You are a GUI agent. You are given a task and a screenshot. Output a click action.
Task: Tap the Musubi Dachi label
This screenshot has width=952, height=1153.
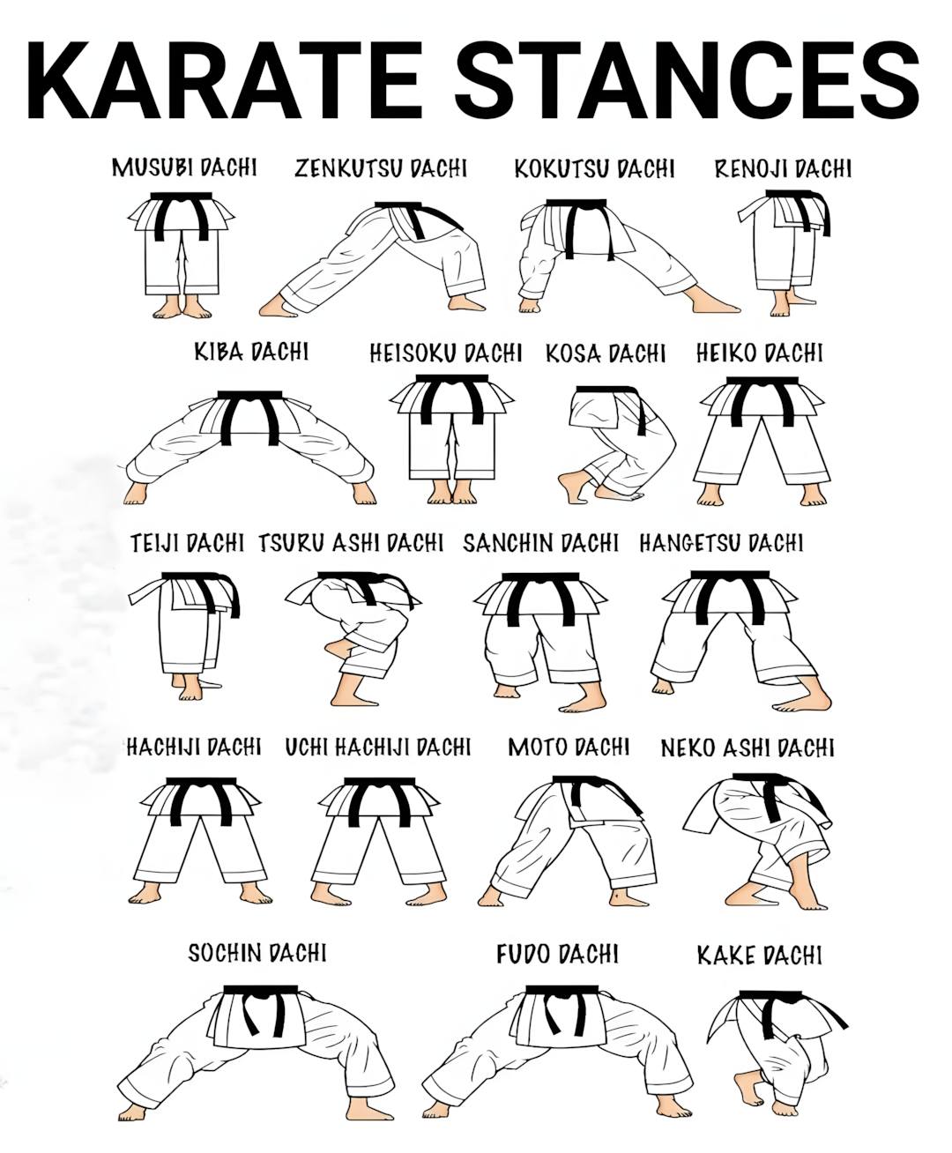(184, 167)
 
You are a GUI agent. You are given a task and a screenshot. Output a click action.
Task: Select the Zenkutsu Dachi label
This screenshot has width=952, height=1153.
(381, 167)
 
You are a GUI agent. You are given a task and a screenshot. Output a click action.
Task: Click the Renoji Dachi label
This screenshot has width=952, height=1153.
(783, 168)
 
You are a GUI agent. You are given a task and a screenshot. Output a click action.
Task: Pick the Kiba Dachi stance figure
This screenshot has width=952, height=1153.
(249, 447)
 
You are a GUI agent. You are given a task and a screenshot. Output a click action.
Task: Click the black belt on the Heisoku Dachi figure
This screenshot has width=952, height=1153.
(451, 397)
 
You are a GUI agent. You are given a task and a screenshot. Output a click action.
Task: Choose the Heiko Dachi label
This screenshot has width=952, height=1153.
(759, 353)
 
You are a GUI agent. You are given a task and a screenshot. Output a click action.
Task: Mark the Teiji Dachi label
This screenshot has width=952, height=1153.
(187, 543)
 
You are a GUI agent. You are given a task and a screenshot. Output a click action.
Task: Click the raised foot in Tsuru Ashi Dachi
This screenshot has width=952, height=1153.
(338, 647)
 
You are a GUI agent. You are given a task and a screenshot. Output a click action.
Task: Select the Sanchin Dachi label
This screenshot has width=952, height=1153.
(540, 543)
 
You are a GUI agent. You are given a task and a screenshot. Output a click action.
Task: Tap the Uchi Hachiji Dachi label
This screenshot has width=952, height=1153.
(377, 748)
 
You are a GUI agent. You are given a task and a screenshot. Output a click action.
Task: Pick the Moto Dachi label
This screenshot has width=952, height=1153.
(569, 748)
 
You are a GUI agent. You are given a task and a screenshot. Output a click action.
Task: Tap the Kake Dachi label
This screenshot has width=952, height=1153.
(759, 955)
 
